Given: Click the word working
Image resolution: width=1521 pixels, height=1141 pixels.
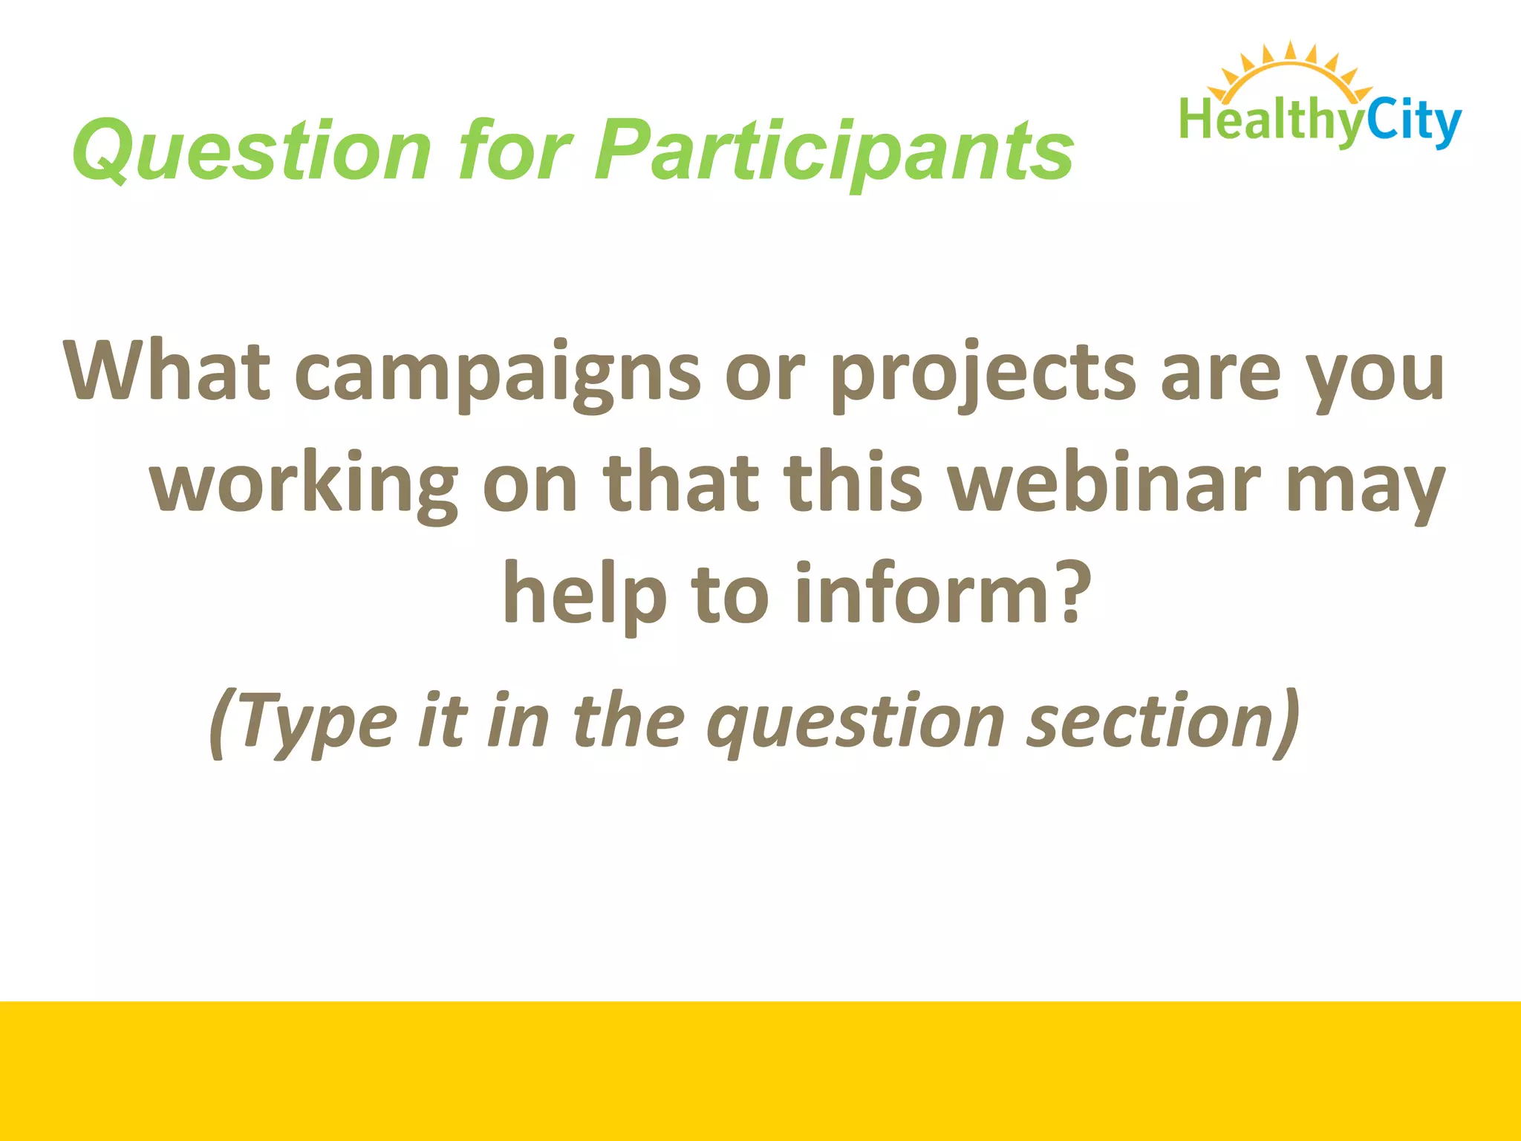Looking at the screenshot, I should tap(304, 487).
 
